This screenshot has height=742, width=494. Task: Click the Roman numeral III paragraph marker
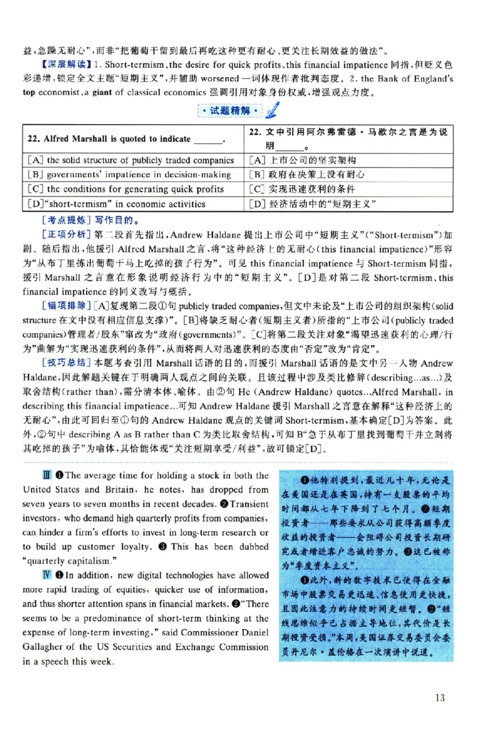click(45, 475)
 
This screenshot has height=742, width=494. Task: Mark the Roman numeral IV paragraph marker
click(45, 575)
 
